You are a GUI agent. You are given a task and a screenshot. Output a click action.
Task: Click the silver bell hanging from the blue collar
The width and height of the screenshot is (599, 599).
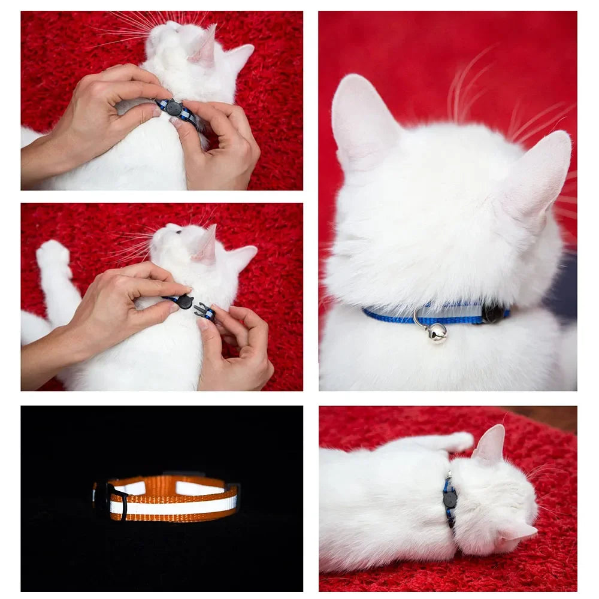click(x=437, y=332)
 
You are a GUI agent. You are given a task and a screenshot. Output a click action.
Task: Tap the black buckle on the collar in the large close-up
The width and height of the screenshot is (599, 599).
click(x=492, y=313)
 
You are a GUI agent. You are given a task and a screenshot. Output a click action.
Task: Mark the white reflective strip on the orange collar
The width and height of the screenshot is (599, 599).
click(x=174, y=506)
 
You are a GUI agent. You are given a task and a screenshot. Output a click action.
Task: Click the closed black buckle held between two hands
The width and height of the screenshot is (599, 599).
click(x=173, y=108)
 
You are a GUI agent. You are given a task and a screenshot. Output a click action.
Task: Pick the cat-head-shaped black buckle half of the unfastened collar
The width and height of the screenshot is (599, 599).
click(x=184, y=301)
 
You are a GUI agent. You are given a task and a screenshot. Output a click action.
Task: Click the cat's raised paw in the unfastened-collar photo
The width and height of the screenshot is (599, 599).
click(x=52, y=255)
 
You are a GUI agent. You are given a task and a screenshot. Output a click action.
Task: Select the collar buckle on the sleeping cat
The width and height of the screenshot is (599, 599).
click(x=450, y=498)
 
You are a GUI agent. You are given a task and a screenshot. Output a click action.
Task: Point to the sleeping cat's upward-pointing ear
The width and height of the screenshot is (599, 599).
click(x=491, y=443)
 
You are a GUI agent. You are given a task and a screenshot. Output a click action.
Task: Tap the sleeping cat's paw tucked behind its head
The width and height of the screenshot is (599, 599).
click(x=458, y=441)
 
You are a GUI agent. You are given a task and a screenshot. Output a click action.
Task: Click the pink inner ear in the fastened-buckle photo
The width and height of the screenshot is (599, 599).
click(x=204, y=48)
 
